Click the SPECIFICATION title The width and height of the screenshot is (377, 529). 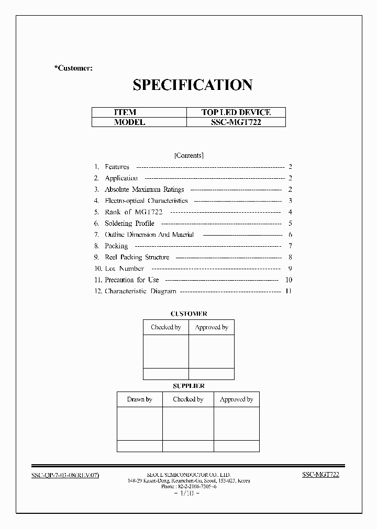pyautogui.click(x=192, y=85)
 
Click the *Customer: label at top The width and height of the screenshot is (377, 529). pyautogui.click(x=73, y=68)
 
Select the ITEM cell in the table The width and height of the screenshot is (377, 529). pyautogui.click(x=125, y=112)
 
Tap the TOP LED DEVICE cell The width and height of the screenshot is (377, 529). pyautogui.click(x=236, y=112)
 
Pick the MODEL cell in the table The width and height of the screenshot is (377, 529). pyautogui.click(x=129, y=122)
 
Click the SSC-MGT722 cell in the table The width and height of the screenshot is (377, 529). pyautogui.click(x=236, y=122)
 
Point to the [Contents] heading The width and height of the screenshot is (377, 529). pyautogui.click(x=188, y=155)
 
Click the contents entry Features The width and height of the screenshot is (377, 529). pyautogui.click(x=117, y=167)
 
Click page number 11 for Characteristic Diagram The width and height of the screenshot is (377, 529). pyautogui.click(x=288, y=291)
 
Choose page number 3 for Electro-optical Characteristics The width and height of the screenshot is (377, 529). pyautogui.click(x=290, y=201)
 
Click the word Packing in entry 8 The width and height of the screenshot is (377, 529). pyautogui.click(x=116, y=246)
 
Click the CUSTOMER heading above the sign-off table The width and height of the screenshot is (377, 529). pyautogui.click(x=188, y=314)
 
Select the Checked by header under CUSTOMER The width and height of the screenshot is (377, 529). pyautogui.click(x=166, y=327)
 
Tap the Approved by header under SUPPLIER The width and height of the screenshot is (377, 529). pyautogui.click(x=236, y=399)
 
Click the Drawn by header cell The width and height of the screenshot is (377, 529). pyautogui.click(x=139, y=399)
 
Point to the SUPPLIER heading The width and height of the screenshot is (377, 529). pyautogui.click(x=188, y=386)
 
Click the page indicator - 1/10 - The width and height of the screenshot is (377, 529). pyautogui.click(x=186, y=493)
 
